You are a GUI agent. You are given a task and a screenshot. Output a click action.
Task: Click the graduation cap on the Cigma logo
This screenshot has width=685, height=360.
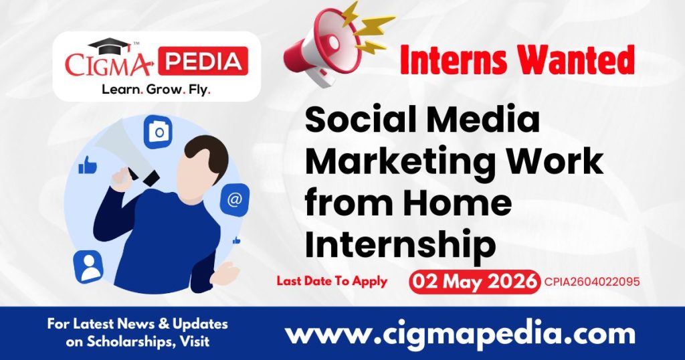pos(109,46)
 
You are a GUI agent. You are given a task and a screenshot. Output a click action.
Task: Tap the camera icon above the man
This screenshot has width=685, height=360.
pos(159,132)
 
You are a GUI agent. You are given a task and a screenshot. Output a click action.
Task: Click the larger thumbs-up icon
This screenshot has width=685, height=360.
pos(88,165)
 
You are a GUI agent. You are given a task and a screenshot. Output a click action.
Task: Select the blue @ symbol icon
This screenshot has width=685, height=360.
pos(235,200)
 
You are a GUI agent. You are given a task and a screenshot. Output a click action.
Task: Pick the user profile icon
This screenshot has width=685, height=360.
pos(88,266)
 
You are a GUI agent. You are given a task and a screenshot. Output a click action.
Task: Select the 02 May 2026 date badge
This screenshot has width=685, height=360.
pos(474,281)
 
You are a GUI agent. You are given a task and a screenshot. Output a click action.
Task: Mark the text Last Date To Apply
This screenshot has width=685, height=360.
pos(332,281)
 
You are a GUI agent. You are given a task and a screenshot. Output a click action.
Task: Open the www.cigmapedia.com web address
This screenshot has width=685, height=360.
pos(461,333)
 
